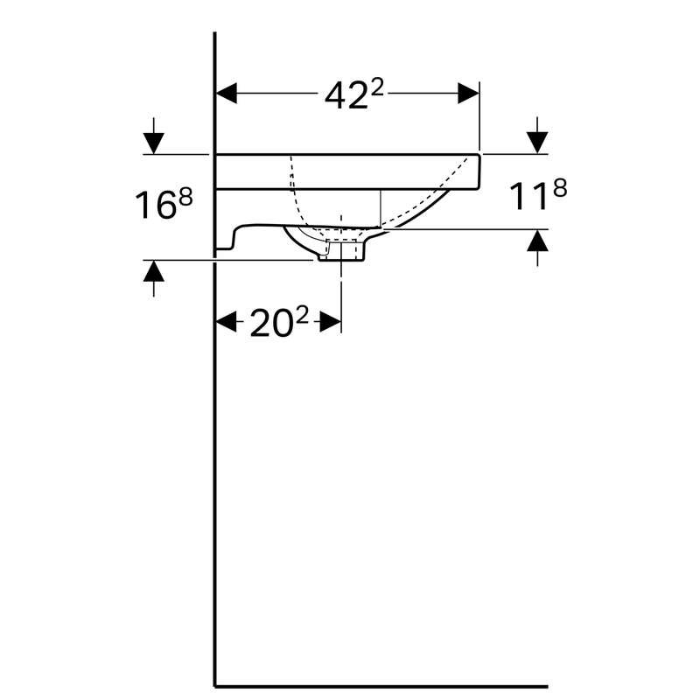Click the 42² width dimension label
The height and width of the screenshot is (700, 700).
click(353, 95)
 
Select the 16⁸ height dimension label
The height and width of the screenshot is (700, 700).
click(164, 204)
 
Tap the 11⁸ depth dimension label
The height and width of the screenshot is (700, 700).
click(538, 194)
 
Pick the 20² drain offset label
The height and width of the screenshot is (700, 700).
click(279, 322)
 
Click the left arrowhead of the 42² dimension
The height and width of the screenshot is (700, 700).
click(227, 94)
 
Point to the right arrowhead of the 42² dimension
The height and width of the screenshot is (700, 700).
click(468, 94)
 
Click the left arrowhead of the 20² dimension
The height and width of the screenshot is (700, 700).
click(227, 322)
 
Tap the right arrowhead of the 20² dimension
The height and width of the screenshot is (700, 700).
click(331, 322)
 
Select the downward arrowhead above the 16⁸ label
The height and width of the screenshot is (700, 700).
click(154, 143)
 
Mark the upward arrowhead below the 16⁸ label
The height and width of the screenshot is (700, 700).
click(154, 271)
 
